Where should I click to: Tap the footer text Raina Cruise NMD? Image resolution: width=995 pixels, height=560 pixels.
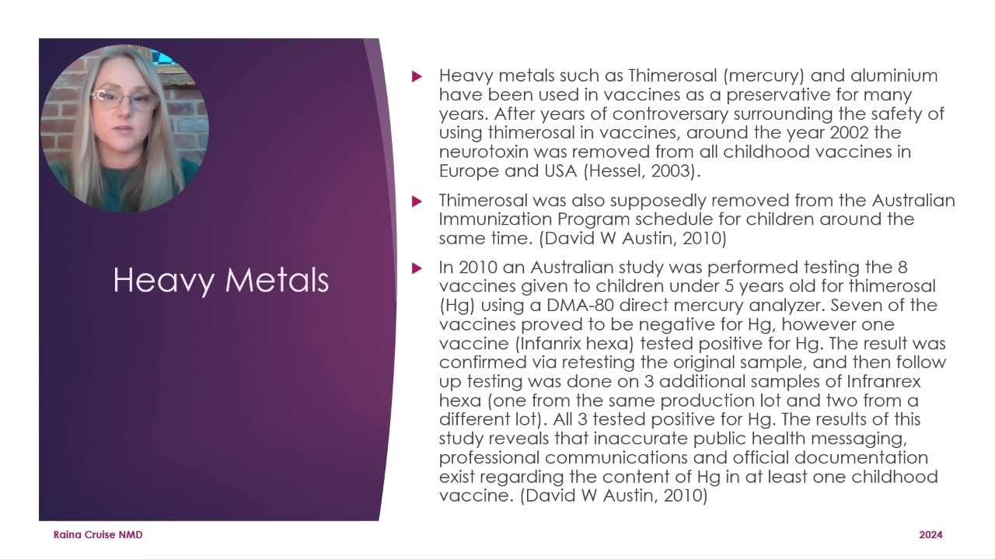(98, 535)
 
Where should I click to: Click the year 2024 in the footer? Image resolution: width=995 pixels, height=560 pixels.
(930, 535)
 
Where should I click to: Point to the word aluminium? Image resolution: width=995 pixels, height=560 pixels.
(894, 75)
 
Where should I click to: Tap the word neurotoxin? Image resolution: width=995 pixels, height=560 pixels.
(484, 152)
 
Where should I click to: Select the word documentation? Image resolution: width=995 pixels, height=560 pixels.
(861, 457)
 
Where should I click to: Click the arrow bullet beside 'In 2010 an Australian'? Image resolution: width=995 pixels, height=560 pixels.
(417, 268)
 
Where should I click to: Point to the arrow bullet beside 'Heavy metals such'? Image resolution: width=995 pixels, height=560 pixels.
(417, 76)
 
